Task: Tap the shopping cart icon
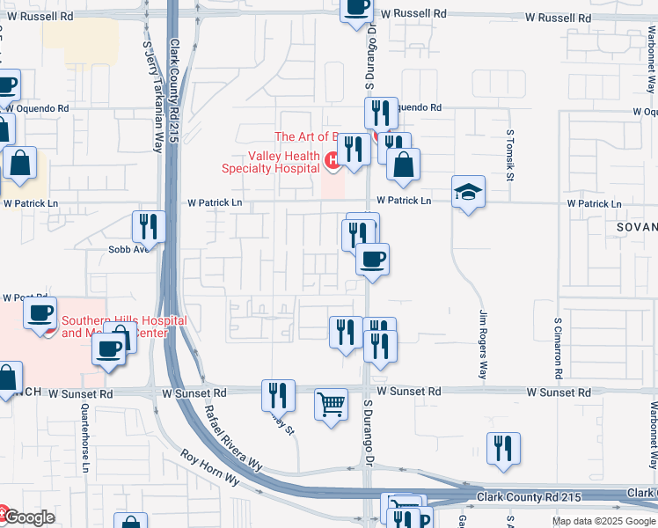point(332,405)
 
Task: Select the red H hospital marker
point(333,160)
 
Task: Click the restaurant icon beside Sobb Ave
point(148,226)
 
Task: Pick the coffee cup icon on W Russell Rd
point(357,8)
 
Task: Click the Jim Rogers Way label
point(482,344)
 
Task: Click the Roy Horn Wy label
point(209,467)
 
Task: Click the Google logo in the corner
point(28,517)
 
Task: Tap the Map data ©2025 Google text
point(603,521)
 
